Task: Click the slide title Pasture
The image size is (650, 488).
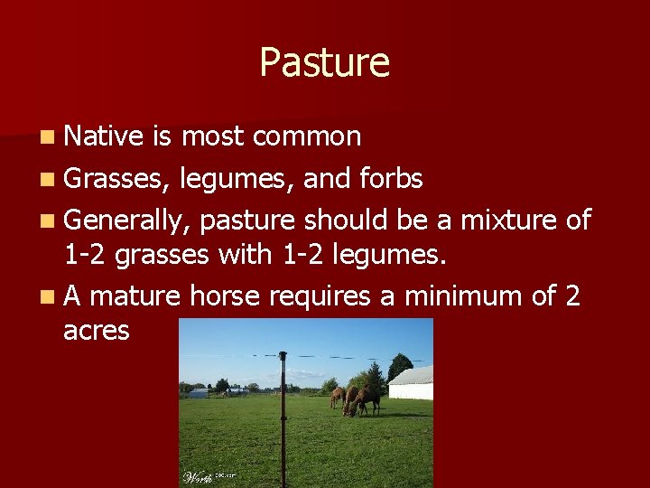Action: (324, 62)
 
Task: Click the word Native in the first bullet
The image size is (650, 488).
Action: (104, 136)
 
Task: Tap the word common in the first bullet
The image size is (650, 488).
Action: (307, 136)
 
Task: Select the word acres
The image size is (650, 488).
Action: (97, 330)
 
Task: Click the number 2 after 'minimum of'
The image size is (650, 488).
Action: (572, 296)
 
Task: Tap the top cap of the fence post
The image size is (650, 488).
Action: (283, 355)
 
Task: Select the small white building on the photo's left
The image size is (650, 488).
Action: (198, 393)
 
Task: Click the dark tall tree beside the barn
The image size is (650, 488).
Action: (397, 367)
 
